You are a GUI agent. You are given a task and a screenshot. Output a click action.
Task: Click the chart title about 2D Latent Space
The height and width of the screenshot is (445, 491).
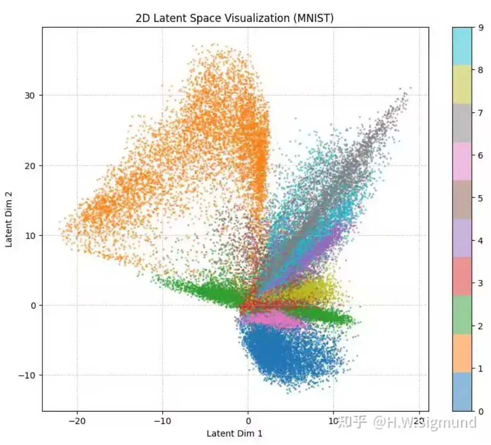click(234, 18)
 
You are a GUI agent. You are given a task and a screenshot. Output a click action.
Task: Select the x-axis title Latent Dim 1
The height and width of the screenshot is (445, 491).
click(234, 433)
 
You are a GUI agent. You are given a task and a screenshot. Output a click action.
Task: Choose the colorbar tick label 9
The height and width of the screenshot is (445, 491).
click(480, 28)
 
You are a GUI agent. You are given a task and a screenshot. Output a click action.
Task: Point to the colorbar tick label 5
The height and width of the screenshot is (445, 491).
click(480, 198)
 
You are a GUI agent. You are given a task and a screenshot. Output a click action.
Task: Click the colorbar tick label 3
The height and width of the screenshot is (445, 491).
click(480, 283)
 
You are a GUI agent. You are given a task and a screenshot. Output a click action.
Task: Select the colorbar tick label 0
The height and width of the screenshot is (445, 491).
click(480, 411)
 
